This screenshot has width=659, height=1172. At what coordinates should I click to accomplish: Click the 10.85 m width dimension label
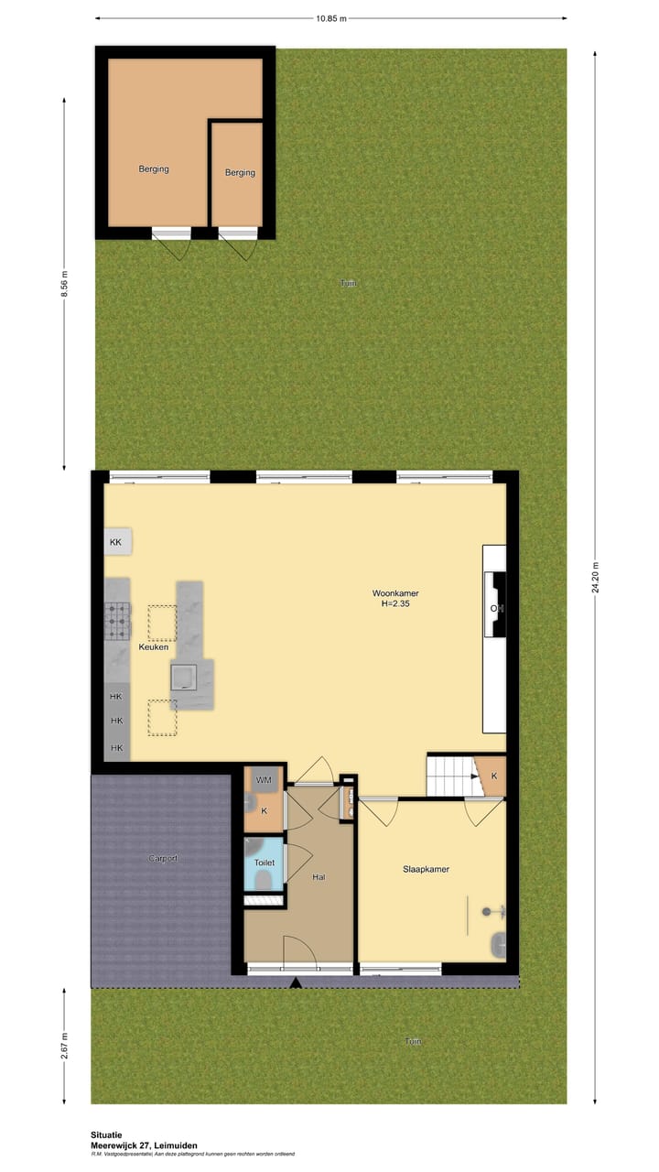pos(330,17)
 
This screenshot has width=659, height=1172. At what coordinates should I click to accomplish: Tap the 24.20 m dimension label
pos(596,577)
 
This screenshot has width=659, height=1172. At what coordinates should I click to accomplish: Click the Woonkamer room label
pos(395,593)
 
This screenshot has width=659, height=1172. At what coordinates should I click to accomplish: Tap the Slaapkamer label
pos(426,869)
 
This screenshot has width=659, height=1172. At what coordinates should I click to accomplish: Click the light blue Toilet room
pos(265,863)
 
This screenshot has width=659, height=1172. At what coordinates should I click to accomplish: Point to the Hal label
pos(319,877)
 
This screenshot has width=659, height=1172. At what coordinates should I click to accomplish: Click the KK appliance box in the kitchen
pos(116,542)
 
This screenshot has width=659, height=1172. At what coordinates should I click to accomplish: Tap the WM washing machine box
pos(264,780)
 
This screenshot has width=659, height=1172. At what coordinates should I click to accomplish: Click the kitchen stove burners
pos(117,620)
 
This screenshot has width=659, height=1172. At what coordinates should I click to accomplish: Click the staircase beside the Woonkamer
pos(451,776)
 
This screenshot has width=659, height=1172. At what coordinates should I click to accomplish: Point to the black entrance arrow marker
pos(295,983)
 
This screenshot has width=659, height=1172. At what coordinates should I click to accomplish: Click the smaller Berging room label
pos(240,172)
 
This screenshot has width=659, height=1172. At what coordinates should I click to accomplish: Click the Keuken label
pos(153,647)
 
